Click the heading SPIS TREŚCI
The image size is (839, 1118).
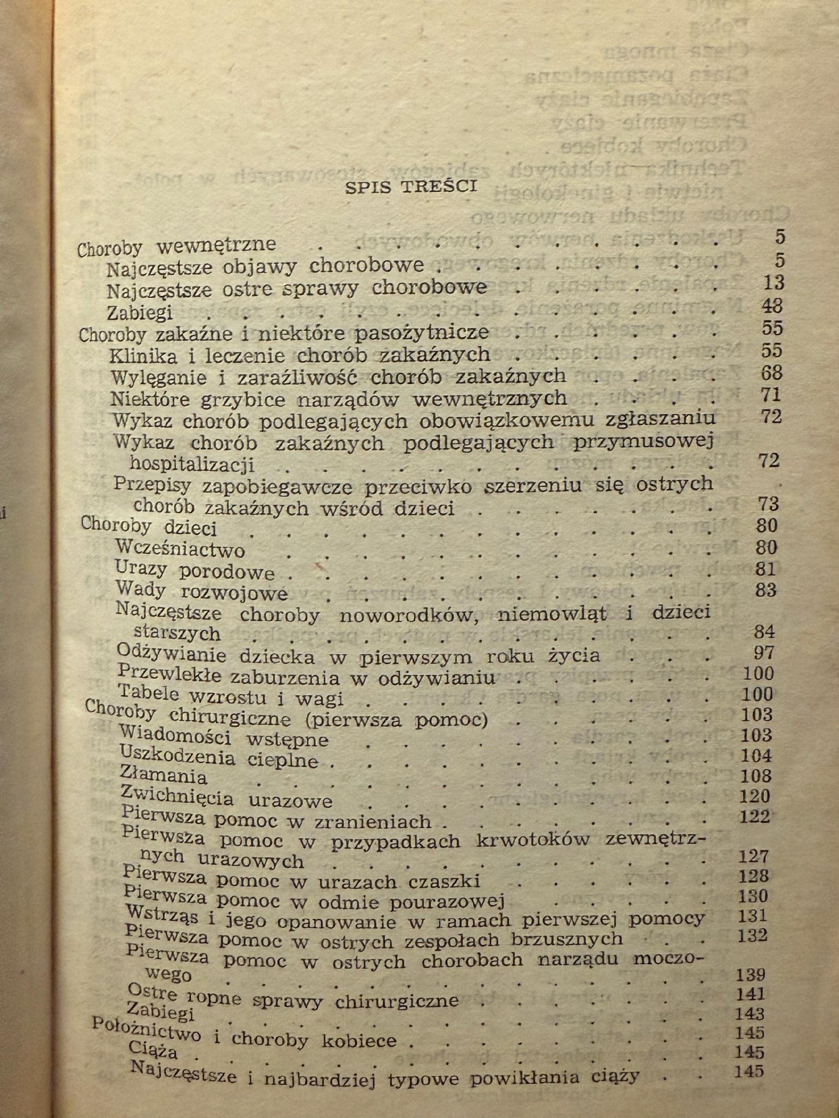tap(411, 187)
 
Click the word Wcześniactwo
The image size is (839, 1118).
tap(180, 549)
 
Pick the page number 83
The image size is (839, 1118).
tap(766, 590)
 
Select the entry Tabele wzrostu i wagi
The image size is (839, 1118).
tap(231, 695)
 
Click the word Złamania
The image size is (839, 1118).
tap(163, 775)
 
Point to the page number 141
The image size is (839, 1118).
tap(750, 994)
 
